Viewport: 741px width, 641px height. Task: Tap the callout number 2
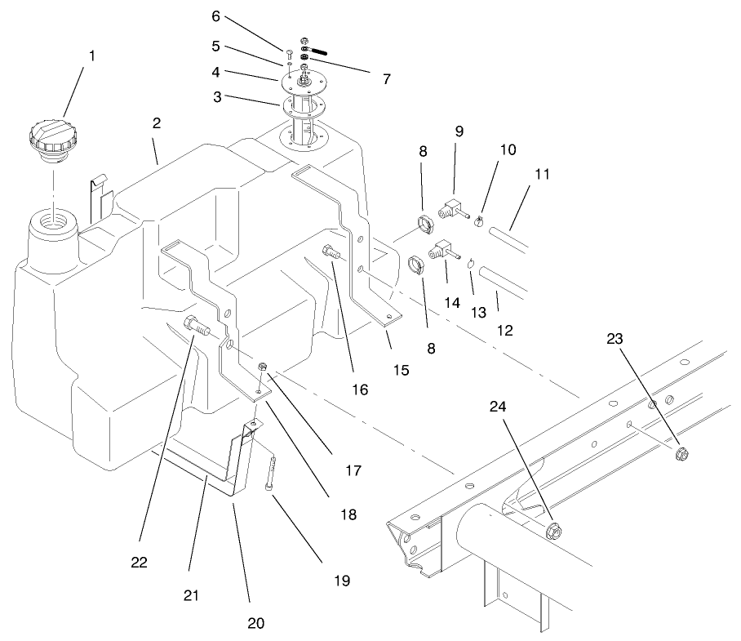pyautogui.click(x=156, y=123)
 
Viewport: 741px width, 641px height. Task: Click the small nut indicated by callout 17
pyautogui.click(x=263, y=367)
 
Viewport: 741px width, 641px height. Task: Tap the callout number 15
pyautogui.click(x=399, y=370)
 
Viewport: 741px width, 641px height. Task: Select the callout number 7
pyautogui.click(x=385, y=79)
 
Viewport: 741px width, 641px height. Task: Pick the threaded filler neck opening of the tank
pyautogui.click(x=53, y=221)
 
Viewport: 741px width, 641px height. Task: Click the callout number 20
pyautogui.click(x=255, y=622)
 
